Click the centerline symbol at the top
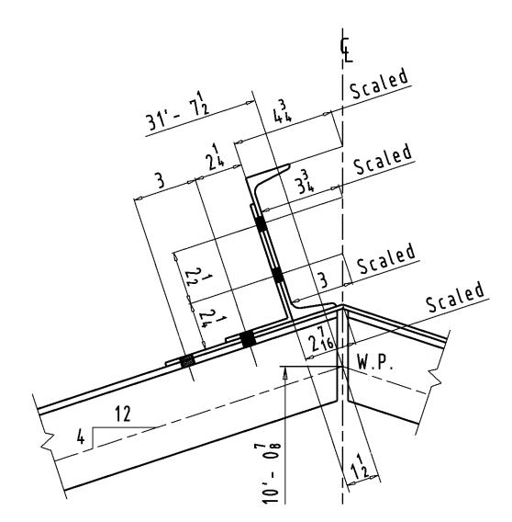click(346, 50)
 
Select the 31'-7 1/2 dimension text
click(178, 113)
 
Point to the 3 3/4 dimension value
click(305, 183)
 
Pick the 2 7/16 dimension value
click(320, 338)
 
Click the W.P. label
click(375, 362)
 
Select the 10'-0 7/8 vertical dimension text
click(272, 472)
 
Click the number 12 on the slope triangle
click(123, 414)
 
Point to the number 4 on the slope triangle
click(81, 437)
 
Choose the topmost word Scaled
click(379, 84)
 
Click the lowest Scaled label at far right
click(455, 297)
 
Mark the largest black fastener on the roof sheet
click(248, 339)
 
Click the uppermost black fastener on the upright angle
click(261, 223)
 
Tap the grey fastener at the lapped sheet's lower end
click(187, 361)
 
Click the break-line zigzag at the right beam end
click(435, 377)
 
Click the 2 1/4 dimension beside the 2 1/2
click(210, 318)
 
